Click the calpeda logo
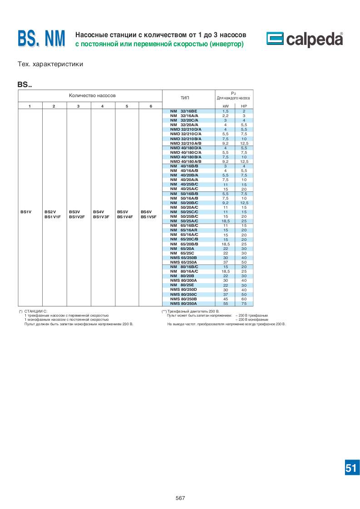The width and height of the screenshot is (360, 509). (304, 40)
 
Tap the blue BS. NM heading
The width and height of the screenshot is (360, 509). (42, 39)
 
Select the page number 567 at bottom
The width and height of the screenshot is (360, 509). (180, 498)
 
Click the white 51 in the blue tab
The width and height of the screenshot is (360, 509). (351, 468)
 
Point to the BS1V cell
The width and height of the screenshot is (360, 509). (26, 212)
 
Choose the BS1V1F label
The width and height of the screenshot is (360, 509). (52, 217)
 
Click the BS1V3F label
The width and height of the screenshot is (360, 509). (101, 217)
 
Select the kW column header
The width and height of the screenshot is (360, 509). (225, 106)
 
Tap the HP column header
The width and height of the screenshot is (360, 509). (244, 106)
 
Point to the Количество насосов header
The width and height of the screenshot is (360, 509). (92, 96)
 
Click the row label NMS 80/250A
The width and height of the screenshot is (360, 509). (183, 303)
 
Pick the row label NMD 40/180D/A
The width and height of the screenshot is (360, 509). (185, 148)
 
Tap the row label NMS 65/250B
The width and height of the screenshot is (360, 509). (183, 258)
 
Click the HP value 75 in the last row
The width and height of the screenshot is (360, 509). (244, 303)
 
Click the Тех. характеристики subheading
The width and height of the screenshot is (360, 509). (50, 64)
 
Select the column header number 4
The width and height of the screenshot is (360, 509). (102, 106)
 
